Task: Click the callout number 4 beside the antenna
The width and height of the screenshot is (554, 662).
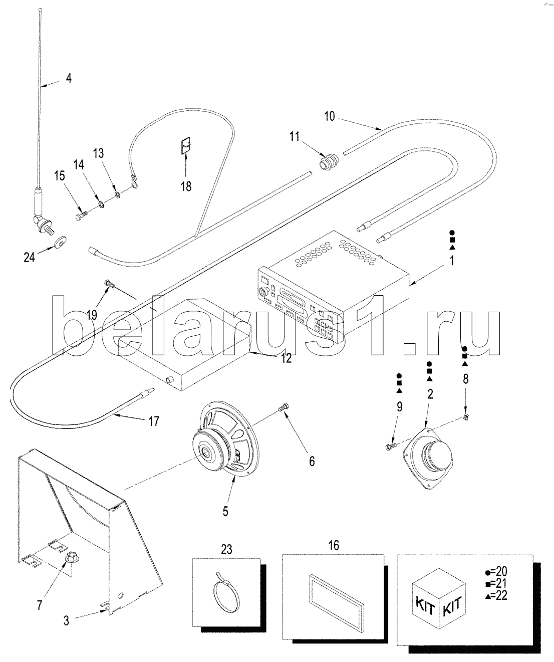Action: pos(69,78)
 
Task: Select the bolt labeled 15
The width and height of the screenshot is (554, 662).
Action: pos(81,216)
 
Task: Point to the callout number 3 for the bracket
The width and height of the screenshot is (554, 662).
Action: pos(66,620)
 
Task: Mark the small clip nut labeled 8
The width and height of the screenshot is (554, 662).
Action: pos(465,417)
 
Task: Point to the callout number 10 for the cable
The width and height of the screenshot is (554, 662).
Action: pos(329,117)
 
